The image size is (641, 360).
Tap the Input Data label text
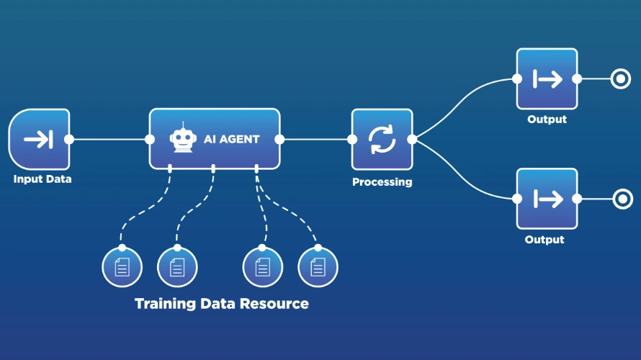click(42, 179)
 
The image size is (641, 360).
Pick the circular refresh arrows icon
click(382, 139)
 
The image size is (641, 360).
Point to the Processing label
click(382, 182)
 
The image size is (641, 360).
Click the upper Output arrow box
click(547, 79)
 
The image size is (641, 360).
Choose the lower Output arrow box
click(547, 199)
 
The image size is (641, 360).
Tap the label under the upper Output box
click(547, 120)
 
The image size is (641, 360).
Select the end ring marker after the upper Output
click(620, 79)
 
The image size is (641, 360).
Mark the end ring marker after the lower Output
click(620, 199)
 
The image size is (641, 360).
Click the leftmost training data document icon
click(122, 267)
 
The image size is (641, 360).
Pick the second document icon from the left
click(177, 267)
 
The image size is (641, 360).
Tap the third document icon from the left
click(262, 267)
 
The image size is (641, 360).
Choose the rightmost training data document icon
click(318, 267)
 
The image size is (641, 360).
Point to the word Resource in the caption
click(275, 304)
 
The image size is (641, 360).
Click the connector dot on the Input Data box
click(69, 139)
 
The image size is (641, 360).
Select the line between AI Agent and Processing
click(315, 139)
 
